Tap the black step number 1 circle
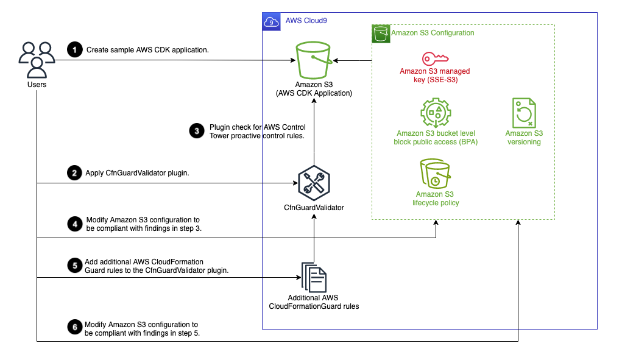74,50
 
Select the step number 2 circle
74,173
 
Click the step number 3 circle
196,130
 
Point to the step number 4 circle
74,224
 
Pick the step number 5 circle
74,266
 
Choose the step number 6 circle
74,328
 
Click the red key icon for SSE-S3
435,58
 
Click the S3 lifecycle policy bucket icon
435,174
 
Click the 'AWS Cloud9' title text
306,21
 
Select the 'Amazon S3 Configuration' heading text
433,33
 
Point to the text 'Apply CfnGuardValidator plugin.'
138,173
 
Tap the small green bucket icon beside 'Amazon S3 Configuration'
381,33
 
